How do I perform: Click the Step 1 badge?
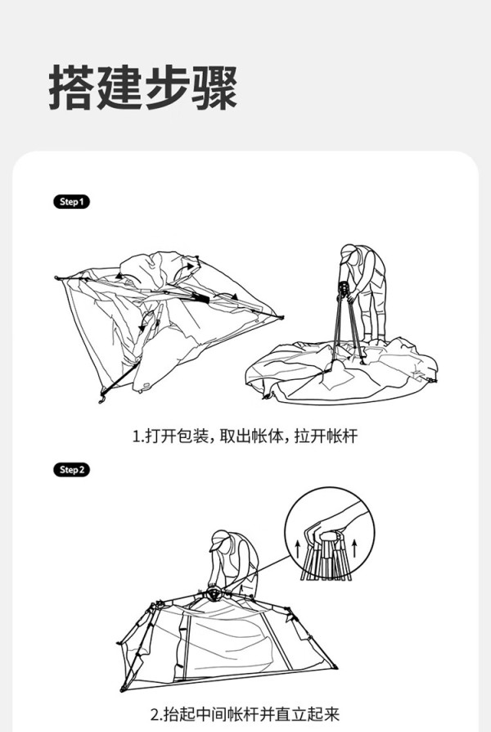71,201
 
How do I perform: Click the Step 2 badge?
71,470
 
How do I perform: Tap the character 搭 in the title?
72,88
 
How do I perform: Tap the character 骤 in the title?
214,88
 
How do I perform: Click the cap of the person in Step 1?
348,251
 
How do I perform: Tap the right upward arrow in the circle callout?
354,548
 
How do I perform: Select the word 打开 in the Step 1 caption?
156,436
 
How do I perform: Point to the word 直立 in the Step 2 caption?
291,714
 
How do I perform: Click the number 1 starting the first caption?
137,436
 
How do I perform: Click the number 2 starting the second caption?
155,715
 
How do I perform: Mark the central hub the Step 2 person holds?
214,594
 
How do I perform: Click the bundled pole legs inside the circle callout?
327,558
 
